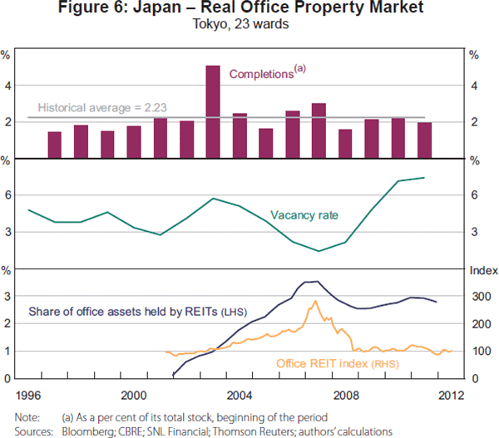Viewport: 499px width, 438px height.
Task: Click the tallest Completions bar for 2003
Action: click(213, 111)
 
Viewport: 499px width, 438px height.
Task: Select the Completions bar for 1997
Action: click(54, 145)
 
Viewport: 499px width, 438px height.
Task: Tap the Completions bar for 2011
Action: click(424, 140)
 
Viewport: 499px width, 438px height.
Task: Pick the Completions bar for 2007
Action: click(319, 130)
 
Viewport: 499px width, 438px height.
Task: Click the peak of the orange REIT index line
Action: click(315, 301)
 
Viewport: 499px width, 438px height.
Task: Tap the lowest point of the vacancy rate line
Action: click(319, 251)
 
